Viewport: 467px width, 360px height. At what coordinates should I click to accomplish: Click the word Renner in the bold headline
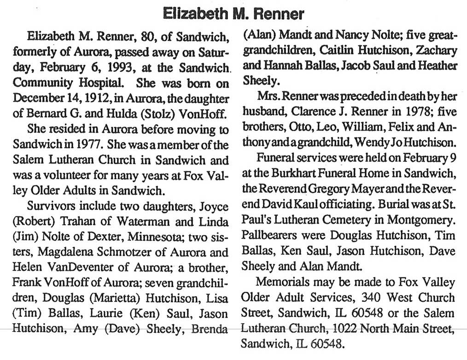coord(276,13)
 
